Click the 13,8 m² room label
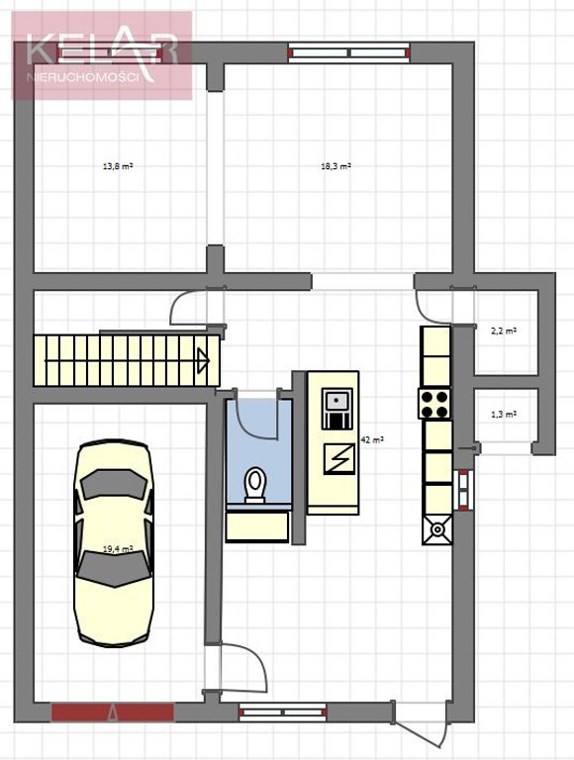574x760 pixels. point(118,166)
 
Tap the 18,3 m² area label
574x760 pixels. point(335,166)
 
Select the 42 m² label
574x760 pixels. point(372,440)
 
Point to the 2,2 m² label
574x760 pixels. point(504,332)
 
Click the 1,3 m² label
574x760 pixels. point(504,415)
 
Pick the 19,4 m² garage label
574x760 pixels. point(118,549)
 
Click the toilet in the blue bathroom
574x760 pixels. point(255,485)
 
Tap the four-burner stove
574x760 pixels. point(434,404)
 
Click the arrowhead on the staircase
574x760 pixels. point(203,361)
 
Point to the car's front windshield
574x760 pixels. point(114,485)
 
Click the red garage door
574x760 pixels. point(113,712)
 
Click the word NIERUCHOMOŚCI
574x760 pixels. point(83,77)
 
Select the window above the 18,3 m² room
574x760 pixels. point(349,52)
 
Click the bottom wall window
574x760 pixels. point(283,712)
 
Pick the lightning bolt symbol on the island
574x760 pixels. point(338,459)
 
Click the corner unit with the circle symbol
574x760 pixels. point(437,529)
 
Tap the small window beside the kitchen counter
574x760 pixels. point(464,490)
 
